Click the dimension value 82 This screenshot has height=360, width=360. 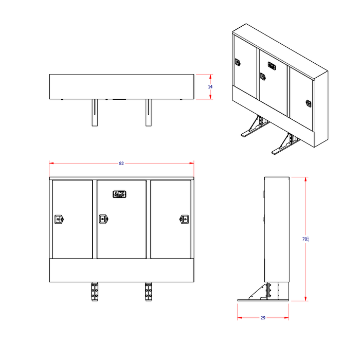tap(121, 163)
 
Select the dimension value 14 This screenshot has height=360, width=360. tap(210, 87)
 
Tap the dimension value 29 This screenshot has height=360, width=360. tap(262, 318)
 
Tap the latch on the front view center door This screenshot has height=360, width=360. tap(103, 219)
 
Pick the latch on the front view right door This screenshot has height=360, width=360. tap(184, 219)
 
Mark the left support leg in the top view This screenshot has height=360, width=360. tap(94, 113)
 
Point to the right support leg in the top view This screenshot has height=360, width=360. tap(149, 113)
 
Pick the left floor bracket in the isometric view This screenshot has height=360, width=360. tap(253, 128)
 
